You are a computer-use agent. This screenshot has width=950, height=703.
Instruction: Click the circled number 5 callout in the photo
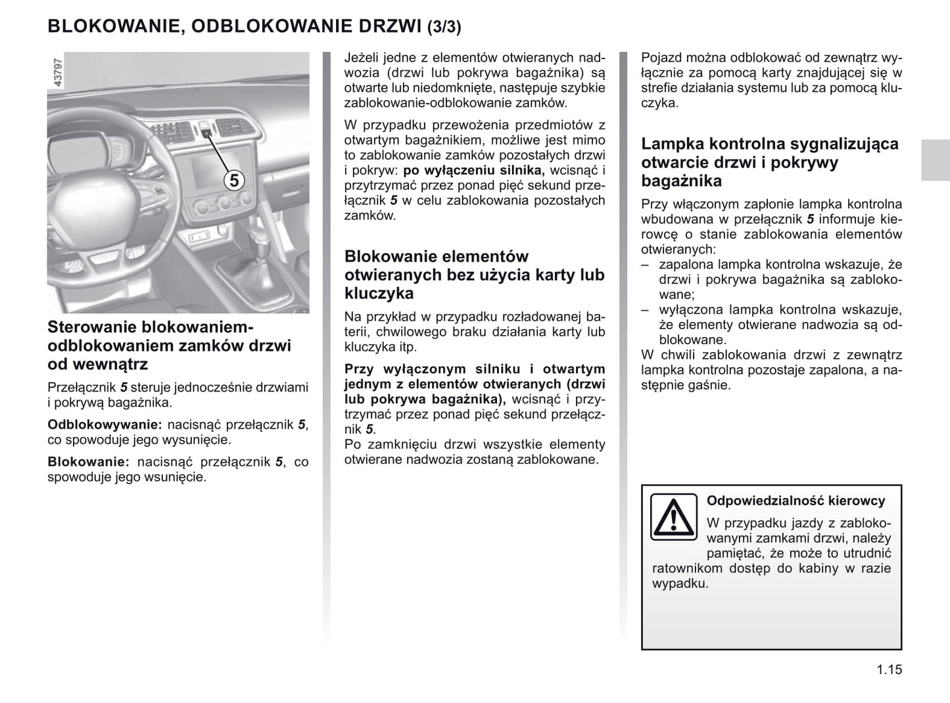click(x=233, y=180)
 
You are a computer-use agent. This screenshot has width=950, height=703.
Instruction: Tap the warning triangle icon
click(x=673, y=517)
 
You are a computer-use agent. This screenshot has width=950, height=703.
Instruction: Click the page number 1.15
click(x=889, y=669)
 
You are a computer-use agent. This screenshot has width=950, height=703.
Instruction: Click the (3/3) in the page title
click(x=444, y=27)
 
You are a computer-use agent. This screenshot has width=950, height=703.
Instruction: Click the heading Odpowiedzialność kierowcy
click(x=796, y=501)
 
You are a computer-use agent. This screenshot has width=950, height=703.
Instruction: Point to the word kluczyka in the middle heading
click(x=379, y=293)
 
